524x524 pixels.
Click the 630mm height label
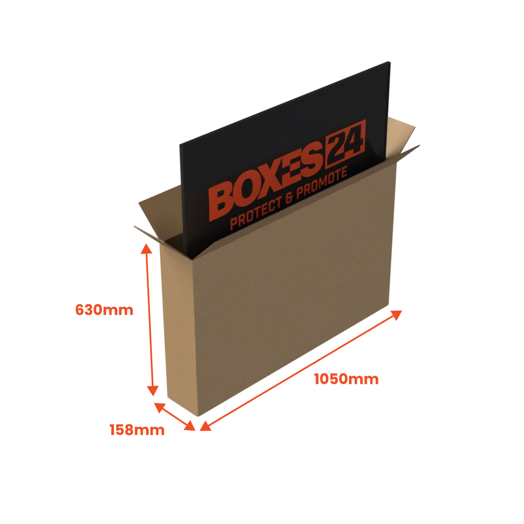pyautogui.click(x=104, y=310)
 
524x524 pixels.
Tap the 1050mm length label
pyautogui.click(x=346, y=379)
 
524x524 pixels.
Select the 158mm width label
pyautogui.click(x=137, y=430)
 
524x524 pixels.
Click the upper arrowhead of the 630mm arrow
pyautogui.click(x=146, y=248)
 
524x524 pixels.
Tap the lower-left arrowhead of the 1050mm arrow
pyautogui.click(x=205, y=426)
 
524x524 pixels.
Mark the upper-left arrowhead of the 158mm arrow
pyautogui.click(x=160, y=407)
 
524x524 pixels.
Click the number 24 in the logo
pyautogui.click(x=345, y=144)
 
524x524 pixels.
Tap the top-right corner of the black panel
pyautogui.click(x=390, y=62)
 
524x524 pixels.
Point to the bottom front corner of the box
pyautogui.click(x=198, y=416)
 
